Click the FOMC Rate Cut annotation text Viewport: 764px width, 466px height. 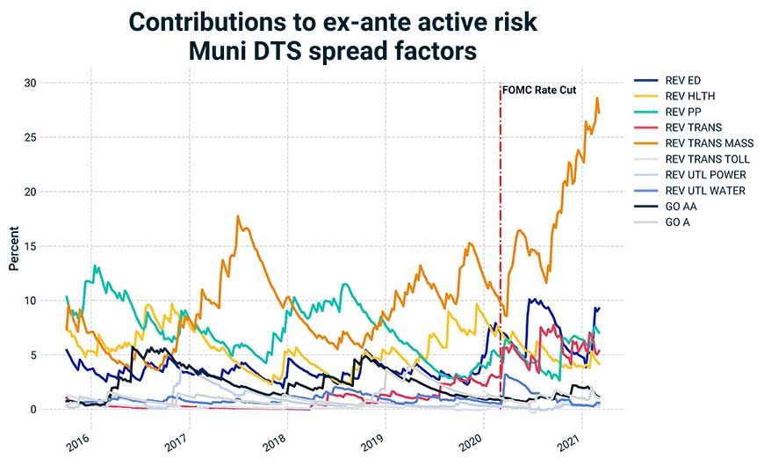tap(539, 90)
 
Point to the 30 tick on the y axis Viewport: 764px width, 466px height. tap(32, 83)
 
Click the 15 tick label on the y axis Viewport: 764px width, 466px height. tap(32, 246)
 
